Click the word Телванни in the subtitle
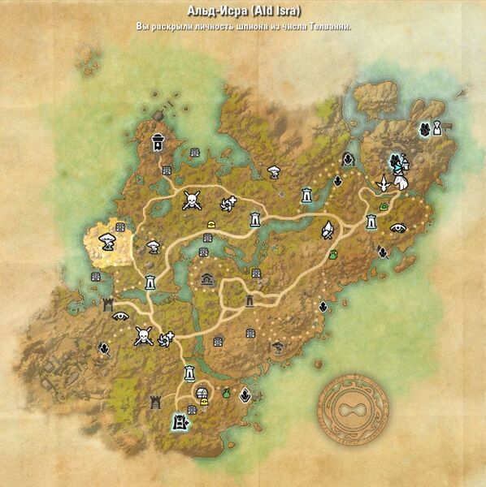329,27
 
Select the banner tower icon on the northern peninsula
157,143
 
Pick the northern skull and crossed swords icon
192,200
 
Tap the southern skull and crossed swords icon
143,335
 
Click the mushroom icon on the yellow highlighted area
106,240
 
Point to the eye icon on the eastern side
398,228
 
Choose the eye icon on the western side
120,316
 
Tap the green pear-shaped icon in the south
225,394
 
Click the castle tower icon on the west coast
107,304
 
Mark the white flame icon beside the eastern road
327,231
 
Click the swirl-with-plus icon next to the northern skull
228,203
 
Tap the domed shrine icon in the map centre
207,279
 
